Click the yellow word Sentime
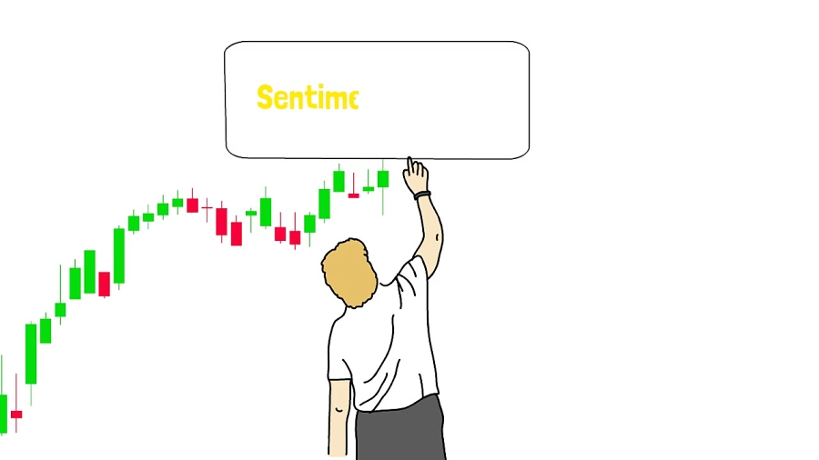coord(308,97)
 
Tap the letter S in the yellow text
coord(265,97)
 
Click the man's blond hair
coord(349,273)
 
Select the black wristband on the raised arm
coord(422,195)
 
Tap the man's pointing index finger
coord(410,165)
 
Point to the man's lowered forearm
coord(339,417)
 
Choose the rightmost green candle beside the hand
coord(383,179)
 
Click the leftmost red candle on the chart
coord(16,415)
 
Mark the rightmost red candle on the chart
coord(354,195)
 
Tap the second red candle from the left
coord(104,285)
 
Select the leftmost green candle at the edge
coord(3,413)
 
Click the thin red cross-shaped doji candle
coord(207,208)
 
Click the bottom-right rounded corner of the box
coord(524,154)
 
